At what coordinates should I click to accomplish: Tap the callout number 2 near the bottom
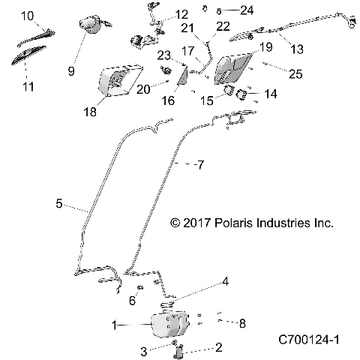point(218,348)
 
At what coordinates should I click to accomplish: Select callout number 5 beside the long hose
point(58,202)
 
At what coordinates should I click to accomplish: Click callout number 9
point(72,71)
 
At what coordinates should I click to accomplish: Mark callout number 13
point(297,49)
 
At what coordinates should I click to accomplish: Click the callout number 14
point(271,94)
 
